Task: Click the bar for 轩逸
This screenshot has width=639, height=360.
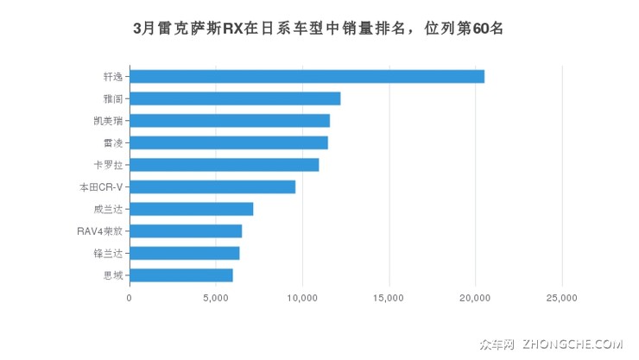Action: point(307,76)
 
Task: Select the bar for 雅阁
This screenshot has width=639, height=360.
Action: point(235,98)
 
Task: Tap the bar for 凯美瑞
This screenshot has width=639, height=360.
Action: point(230,120)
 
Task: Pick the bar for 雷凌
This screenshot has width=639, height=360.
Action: point(229,142)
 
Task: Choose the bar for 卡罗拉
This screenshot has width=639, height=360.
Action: point(225,165)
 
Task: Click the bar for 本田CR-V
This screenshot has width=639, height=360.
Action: point(212,186)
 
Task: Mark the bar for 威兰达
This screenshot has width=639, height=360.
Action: point(192,209)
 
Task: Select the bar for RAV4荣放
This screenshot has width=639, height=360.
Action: point(186,231)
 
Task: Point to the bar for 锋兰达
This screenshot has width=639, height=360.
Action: point(185,253)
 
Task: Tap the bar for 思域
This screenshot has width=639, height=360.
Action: point(181,275)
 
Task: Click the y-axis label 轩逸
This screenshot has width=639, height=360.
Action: point(112,76)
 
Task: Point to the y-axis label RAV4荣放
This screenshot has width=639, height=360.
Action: point(99,231)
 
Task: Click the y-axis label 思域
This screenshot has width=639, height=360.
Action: point(112,275)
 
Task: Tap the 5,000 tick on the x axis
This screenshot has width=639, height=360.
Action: point(216,298)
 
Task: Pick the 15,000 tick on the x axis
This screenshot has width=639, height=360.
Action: point(389,298)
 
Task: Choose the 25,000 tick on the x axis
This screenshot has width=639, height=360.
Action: point(561,298)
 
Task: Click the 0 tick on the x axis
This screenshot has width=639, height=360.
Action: point(130,298)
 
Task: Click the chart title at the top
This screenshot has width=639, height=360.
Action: point(319,28)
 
